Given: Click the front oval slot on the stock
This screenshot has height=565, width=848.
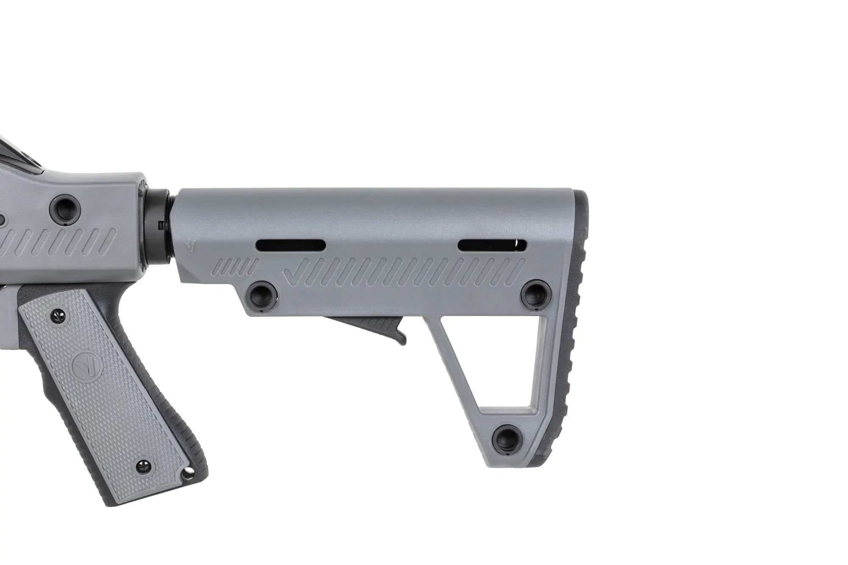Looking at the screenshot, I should [x=290, y=245].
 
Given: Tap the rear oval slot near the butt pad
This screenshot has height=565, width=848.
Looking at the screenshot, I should [x=492, y=245].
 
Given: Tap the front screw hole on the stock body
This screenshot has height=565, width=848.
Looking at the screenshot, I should [x=263, y=293].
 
